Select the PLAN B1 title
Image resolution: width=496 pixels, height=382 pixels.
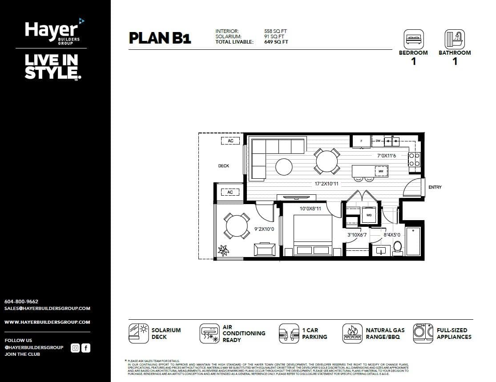(160, 38)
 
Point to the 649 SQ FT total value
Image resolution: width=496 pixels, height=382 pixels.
(276, 42)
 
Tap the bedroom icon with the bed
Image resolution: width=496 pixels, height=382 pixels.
(413, 39)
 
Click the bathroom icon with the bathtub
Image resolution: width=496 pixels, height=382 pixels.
(454, 39)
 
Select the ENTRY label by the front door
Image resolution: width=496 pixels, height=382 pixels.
(435, 187)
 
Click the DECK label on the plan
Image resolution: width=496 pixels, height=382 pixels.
(223, 166)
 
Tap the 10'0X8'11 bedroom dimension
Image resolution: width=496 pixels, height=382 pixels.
(310, 209)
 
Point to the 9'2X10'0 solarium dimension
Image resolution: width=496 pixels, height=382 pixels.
(264, 229)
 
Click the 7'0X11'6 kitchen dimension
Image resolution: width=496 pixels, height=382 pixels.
(386, 156)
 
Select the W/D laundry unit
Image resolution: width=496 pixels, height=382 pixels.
(368, 215)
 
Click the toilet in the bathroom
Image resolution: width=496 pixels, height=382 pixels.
(398, 246)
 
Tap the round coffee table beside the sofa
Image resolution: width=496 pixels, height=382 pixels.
(284, 167)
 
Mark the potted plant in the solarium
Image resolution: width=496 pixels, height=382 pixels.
(222, 251)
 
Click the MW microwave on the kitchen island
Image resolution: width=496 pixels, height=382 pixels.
(381, 171)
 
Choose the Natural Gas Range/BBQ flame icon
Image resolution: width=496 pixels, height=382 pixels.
(352, 333)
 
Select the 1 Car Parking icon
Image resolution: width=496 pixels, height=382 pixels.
(289, 333)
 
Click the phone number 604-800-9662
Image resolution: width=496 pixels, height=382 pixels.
(21, 302)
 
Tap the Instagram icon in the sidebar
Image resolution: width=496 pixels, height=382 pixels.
(75, 348)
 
